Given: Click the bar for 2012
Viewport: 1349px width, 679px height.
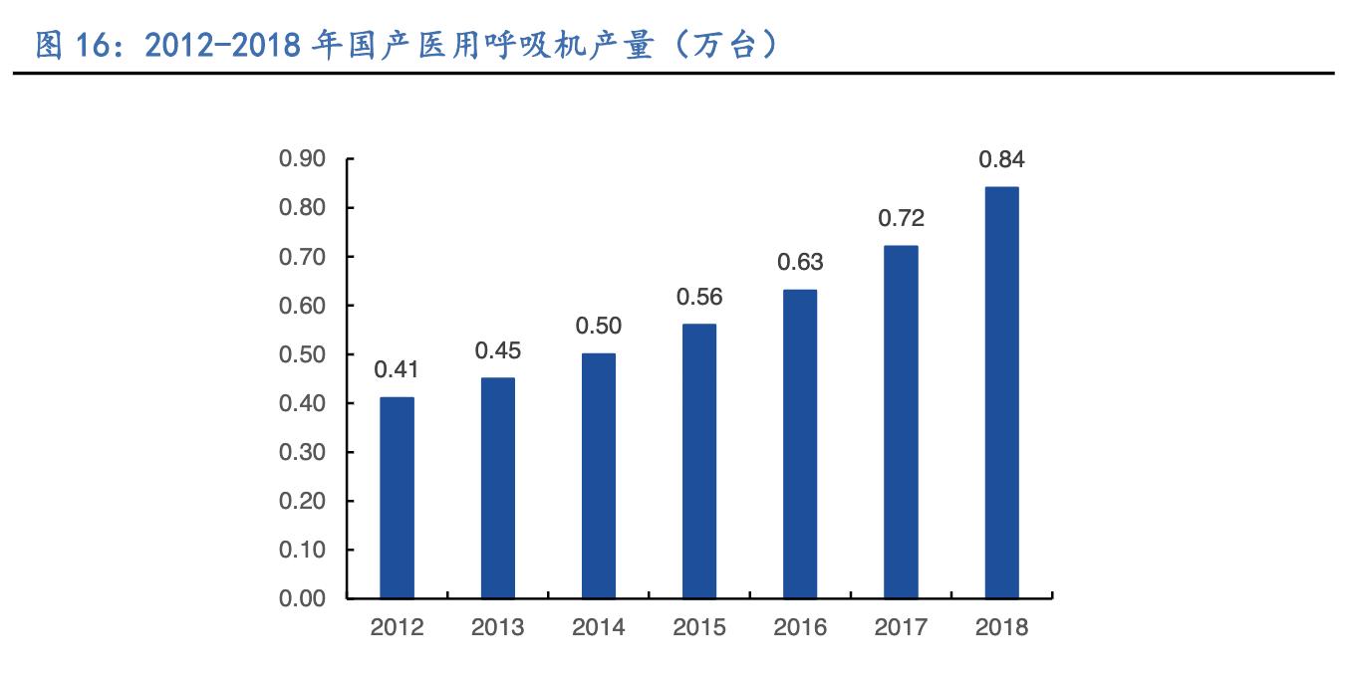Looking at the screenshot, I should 397,498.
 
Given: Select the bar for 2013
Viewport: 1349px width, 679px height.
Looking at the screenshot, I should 497,488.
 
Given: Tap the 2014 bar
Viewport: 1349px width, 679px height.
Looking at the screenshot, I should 598,476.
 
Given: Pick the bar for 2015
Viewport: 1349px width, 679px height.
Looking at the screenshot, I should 698,461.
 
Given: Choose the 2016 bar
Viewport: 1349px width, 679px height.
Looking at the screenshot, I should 799,444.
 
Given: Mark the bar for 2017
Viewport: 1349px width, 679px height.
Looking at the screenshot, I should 901,422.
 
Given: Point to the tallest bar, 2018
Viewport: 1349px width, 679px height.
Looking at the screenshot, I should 1001,392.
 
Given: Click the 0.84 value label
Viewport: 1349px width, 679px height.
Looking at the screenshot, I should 1001,159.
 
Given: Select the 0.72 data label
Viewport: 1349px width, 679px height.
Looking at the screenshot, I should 901,218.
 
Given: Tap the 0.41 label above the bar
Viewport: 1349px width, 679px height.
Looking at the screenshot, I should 397,369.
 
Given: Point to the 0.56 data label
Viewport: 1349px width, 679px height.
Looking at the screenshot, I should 698,297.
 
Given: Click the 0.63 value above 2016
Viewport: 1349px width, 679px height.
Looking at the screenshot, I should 799,262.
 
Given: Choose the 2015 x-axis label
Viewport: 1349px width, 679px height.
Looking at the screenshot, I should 698,628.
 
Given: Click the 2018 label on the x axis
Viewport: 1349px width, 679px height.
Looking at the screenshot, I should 1001,628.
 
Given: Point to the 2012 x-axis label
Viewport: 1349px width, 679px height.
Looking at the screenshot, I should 397,628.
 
